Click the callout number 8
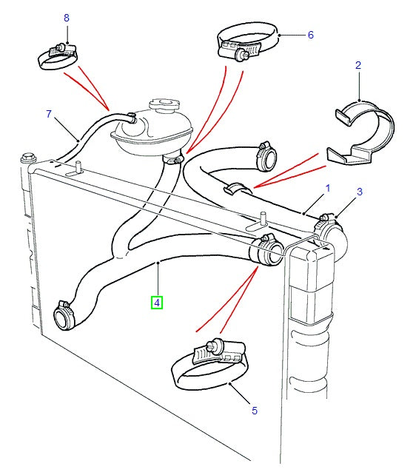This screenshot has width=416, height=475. pos(67,17)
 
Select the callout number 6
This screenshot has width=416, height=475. pos(311,35)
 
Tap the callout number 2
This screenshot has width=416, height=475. pos(358,66)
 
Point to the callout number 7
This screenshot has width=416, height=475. pos(49,114)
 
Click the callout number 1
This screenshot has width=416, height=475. pos(326,189)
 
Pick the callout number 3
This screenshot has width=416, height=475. pos(359,192)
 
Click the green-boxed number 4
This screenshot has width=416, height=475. pos(157,302)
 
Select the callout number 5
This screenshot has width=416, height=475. pos(255,410)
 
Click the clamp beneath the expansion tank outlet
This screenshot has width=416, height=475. pos(173,158)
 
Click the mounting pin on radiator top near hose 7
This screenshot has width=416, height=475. pos(76,169)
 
